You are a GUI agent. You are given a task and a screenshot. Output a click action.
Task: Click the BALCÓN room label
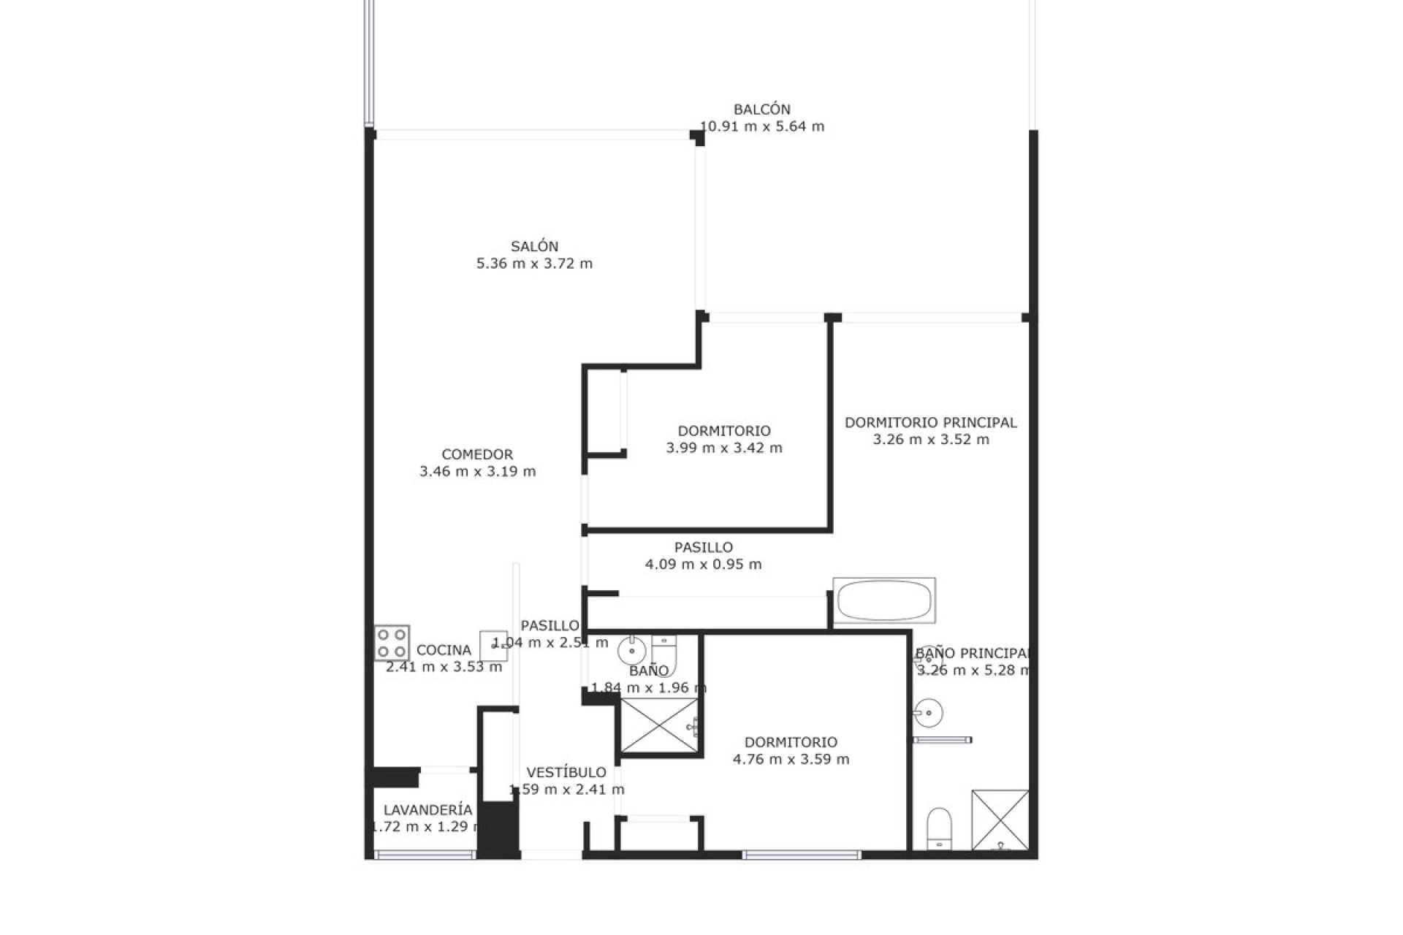point(762,110)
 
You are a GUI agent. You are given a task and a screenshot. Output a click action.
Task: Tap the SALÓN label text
point(535,247)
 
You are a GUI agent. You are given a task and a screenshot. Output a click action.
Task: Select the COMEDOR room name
point(477,454)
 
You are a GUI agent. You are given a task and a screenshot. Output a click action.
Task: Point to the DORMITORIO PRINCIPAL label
point(931,422)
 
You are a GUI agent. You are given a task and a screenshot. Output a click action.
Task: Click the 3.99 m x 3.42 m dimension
point(724,448)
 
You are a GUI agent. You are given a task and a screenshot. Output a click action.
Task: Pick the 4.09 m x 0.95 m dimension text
point(704,564)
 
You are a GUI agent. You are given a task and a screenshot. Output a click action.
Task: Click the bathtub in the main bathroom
point(884,600)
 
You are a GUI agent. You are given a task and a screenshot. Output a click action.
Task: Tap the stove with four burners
point(392,643)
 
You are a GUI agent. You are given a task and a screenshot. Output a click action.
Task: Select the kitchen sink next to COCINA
point(493,646)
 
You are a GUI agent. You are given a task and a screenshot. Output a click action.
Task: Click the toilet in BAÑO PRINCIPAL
point(939,828)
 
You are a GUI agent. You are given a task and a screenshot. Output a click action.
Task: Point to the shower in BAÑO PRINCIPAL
point(1000,820)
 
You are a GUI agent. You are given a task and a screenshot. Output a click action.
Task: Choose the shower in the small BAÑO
point(659,725)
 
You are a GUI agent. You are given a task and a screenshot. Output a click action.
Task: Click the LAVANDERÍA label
point(428,810)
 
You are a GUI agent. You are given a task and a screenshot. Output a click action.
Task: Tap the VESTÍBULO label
point(566,772)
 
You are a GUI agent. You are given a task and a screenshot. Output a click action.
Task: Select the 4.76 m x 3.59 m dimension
point(791,759)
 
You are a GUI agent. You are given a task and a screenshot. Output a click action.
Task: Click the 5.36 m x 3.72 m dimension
point(535,264)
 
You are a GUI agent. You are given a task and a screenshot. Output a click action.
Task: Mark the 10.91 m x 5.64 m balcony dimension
point(762,126)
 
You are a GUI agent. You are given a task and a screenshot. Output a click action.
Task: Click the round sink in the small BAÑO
point(631,649)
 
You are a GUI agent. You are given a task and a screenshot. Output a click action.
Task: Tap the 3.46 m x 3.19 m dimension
point(478,471)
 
